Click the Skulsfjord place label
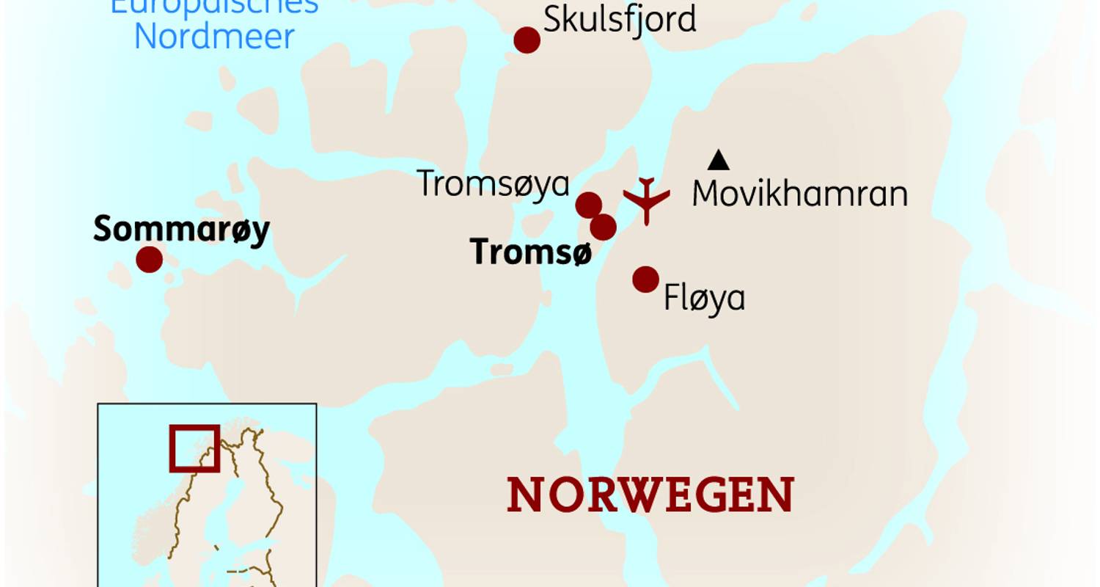click(x=620, y=19)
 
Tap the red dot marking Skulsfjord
click(x=527, y=40)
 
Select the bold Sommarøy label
click(x=181, y=230)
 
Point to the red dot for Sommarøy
click(x=149, y=259)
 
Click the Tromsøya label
click(x=493, y=183)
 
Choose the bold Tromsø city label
click(x=530, y=252)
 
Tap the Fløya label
click(x=704, y=298)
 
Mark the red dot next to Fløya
click(x=645, y=279)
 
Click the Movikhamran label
click(x=799, y=194)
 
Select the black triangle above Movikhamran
click(x=719, y=160)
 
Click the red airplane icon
click(x=646, y=199)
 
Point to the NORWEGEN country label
click(x=650, y=495)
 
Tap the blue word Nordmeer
click(x=214, y=37)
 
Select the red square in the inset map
click(x=194, y=448)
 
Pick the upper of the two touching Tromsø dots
click(x=588, y=205)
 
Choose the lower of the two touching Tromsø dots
click(x=603, y=227)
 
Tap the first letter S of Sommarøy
click(x=102, y=230)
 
